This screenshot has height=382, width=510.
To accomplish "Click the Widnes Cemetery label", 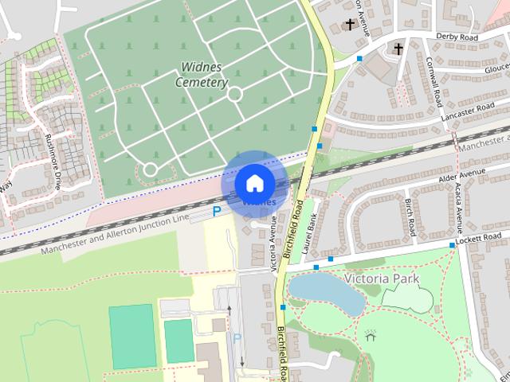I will pos(202,75).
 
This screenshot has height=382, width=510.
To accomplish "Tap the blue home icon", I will pos(253,183).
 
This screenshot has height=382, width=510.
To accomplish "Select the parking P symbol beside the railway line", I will pos(216,212).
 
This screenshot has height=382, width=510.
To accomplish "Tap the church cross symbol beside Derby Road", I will pos(398,49).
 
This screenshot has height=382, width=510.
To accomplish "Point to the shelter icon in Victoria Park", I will pos(370,336).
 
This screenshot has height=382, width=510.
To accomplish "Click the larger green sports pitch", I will pos(132,336).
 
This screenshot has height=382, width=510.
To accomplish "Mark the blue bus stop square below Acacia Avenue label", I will pos(453,245).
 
